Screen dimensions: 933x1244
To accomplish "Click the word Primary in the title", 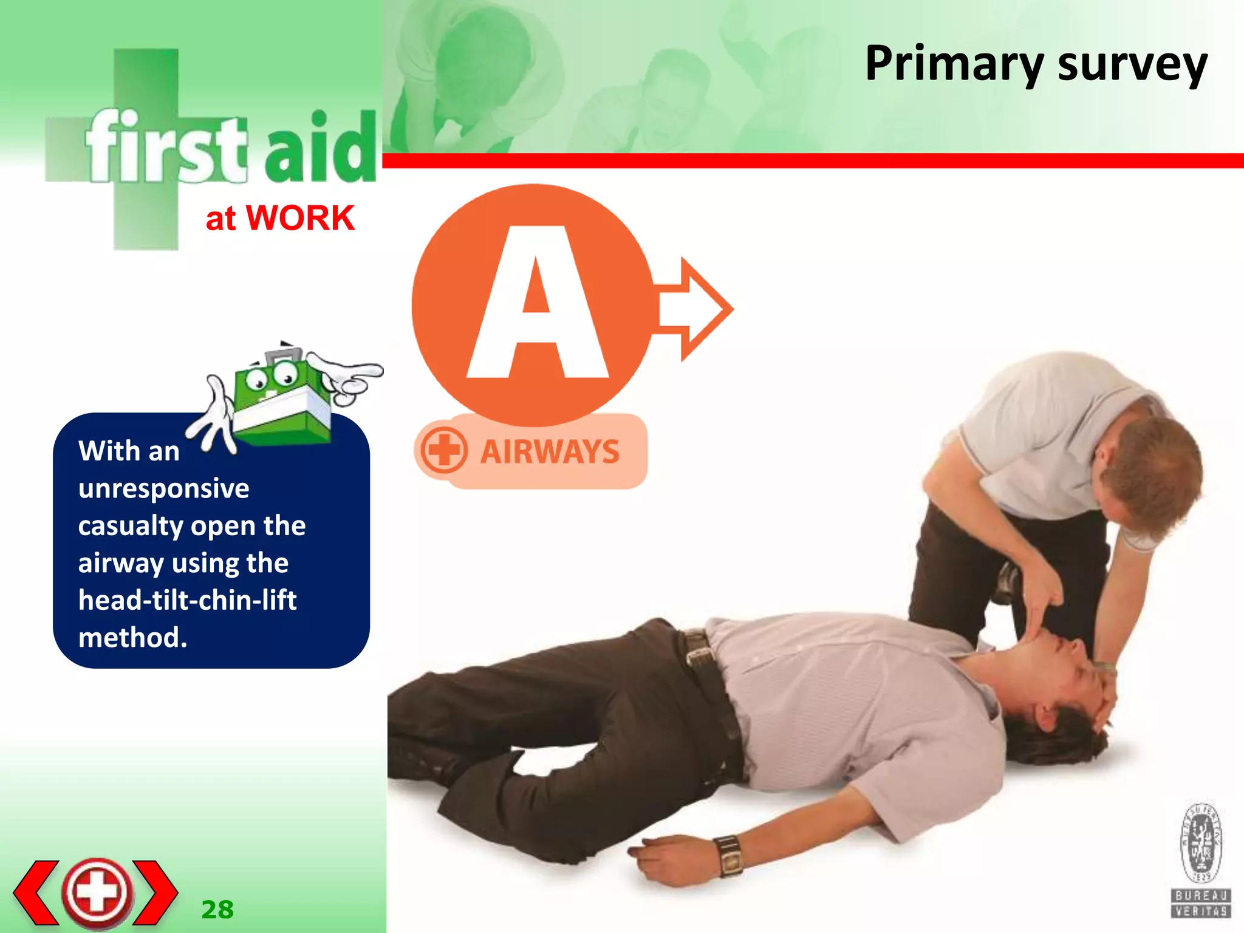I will (x=954, y=64).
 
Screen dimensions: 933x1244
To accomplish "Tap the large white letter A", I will (x=538, y=304).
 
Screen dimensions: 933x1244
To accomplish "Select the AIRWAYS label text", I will (x=550, y=452).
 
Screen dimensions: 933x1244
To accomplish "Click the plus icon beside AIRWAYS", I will (x=443, y=451).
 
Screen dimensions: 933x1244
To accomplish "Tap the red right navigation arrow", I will (x=155, y=892).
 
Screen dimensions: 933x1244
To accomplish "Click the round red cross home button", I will (x=97, y=892).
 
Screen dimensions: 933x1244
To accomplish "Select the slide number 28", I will (x=217, y=910).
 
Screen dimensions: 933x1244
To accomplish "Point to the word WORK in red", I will (x=300, y=218).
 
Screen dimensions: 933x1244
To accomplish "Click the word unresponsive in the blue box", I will (x=163, y=488).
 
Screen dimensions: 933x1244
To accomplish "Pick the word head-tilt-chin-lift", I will (x=187, y=600).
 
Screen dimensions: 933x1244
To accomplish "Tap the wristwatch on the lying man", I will (x=730, y=855).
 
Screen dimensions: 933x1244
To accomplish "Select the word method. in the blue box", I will (x=132, y=638).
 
